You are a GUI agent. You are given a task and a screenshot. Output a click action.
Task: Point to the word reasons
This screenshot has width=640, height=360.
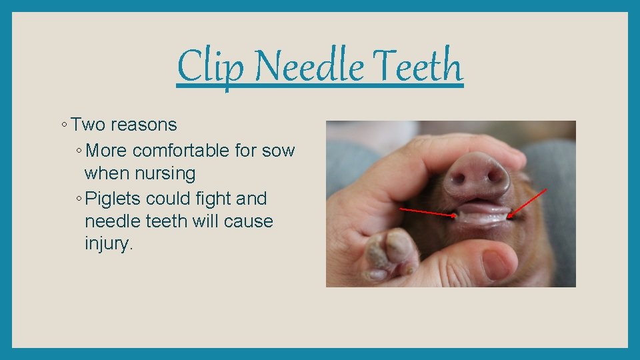(144, 125)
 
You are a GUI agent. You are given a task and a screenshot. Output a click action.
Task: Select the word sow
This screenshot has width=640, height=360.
(278, 151)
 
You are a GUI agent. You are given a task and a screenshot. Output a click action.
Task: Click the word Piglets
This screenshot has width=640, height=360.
(113, 199)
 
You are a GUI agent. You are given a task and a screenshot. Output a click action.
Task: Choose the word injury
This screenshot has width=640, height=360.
(109, 244)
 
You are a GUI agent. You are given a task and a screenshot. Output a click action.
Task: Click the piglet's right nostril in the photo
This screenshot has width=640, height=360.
(496, 176)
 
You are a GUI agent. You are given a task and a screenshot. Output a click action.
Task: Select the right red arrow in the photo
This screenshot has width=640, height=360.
(528, 203)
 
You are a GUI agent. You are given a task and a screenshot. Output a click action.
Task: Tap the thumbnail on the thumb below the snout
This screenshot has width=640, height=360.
(497, 265)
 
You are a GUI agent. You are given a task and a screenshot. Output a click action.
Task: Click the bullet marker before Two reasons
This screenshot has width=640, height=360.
(62, 125)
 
